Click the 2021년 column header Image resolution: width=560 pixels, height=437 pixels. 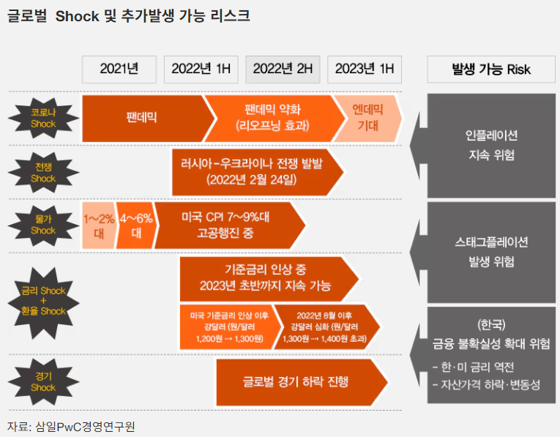[x=120, y=70]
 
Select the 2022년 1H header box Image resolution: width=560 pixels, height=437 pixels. [x=201, y=70]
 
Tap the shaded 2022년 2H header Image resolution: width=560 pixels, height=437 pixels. [x=283, y=70]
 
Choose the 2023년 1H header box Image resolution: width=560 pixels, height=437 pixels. [x=365, y=70]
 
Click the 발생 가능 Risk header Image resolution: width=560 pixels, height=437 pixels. [x=491, y=70]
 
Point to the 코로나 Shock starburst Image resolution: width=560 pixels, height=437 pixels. [x=43, y=119]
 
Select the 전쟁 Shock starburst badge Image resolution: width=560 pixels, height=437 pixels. [x=43, y=173]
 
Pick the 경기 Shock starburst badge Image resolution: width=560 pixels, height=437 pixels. [x=43, y=382]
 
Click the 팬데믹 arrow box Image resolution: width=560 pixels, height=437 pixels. [x=146, y=117]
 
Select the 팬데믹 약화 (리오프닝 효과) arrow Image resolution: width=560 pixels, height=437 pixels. [x=272, y=117]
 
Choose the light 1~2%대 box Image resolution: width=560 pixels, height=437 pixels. [x=97, y=225]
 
